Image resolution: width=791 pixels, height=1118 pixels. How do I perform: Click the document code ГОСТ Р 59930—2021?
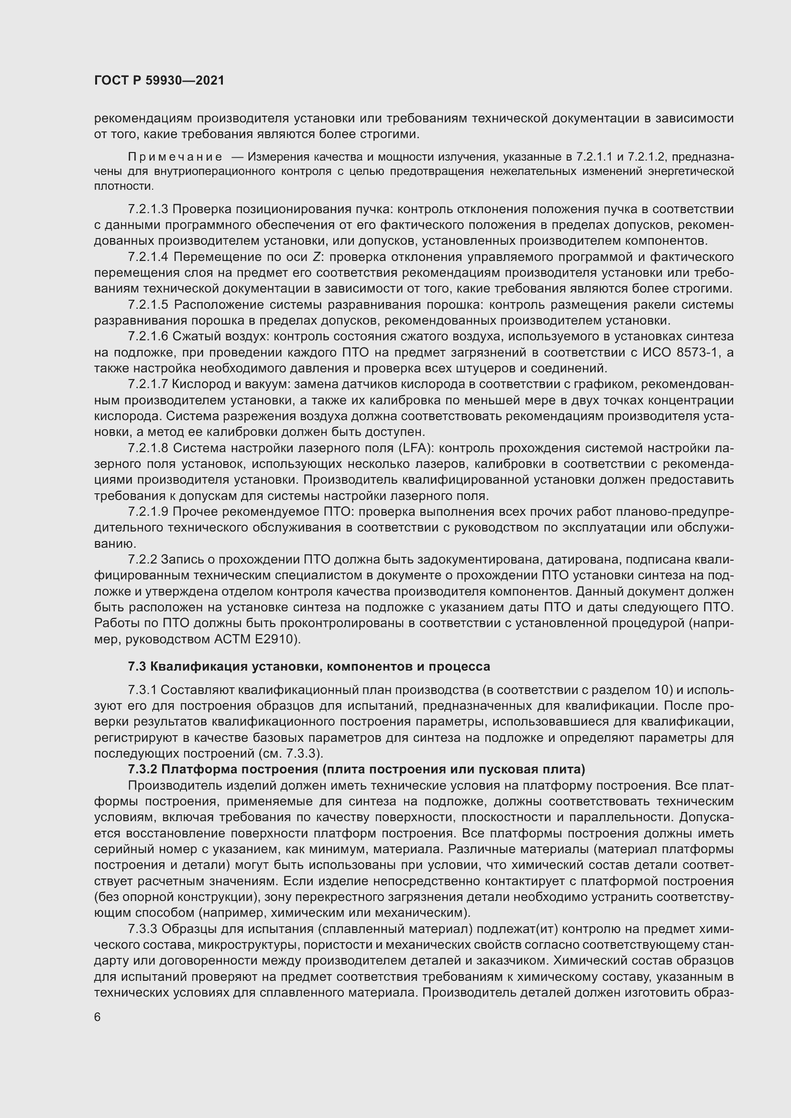point(159,81)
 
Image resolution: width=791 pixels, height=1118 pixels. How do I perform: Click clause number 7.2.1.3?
point(148,209)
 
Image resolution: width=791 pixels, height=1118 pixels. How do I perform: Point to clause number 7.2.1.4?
point(148,257)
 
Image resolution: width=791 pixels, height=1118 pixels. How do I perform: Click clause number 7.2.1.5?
point(148,305)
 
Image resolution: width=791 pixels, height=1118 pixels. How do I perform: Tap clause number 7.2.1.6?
point(148,336)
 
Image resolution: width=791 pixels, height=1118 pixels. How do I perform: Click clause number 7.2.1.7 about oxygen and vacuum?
point(148,384)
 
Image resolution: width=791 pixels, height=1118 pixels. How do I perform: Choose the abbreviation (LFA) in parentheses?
point(414,448)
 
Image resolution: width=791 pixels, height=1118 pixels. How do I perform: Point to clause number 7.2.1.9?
point(148,512)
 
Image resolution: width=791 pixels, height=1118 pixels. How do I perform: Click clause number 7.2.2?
point(142,560)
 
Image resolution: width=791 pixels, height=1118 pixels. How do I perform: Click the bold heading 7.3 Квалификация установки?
point(309,666)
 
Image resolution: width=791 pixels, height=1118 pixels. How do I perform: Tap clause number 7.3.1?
point(142,690)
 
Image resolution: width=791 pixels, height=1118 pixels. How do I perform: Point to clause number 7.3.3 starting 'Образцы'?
point(142,929)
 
